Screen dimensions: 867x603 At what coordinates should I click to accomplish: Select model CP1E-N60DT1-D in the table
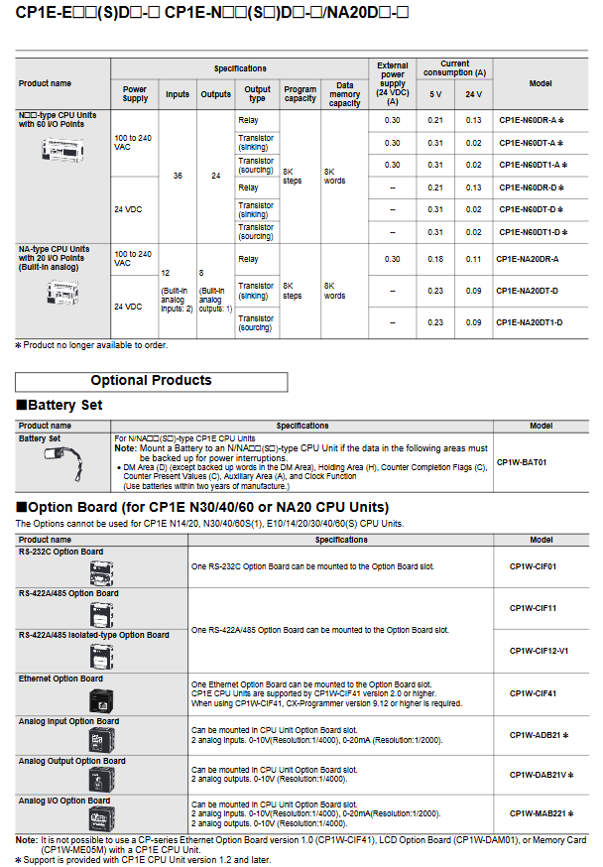(533, 232)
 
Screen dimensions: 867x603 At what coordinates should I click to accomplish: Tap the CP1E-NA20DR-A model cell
(528, 259)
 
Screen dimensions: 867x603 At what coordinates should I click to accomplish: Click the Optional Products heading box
(152, 381)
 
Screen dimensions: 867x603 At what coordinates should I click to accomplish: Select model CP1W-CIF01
(533, 567)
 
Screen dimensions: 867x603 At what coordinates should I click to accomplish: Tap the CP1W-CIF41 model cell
(533, 693)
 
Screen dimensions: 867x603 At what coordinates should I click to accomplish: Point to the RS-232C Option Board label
(61, 552)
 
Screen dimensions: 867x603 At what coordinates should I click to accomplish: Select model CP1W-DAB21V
(541, 775)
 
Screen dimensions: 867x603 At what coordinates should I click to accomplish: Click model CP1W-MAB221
(541, 814)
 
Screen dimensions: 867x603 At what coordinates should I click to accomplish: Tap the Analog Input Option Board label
(68, 721)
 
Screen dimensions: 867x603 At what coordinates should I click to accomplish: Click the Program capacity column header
(301, 94)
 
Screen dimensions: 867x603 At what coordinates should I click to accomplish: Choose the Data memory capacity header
(345, 94)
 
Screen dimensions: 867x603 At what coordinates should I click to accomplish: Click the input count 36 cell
(178, 176)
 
